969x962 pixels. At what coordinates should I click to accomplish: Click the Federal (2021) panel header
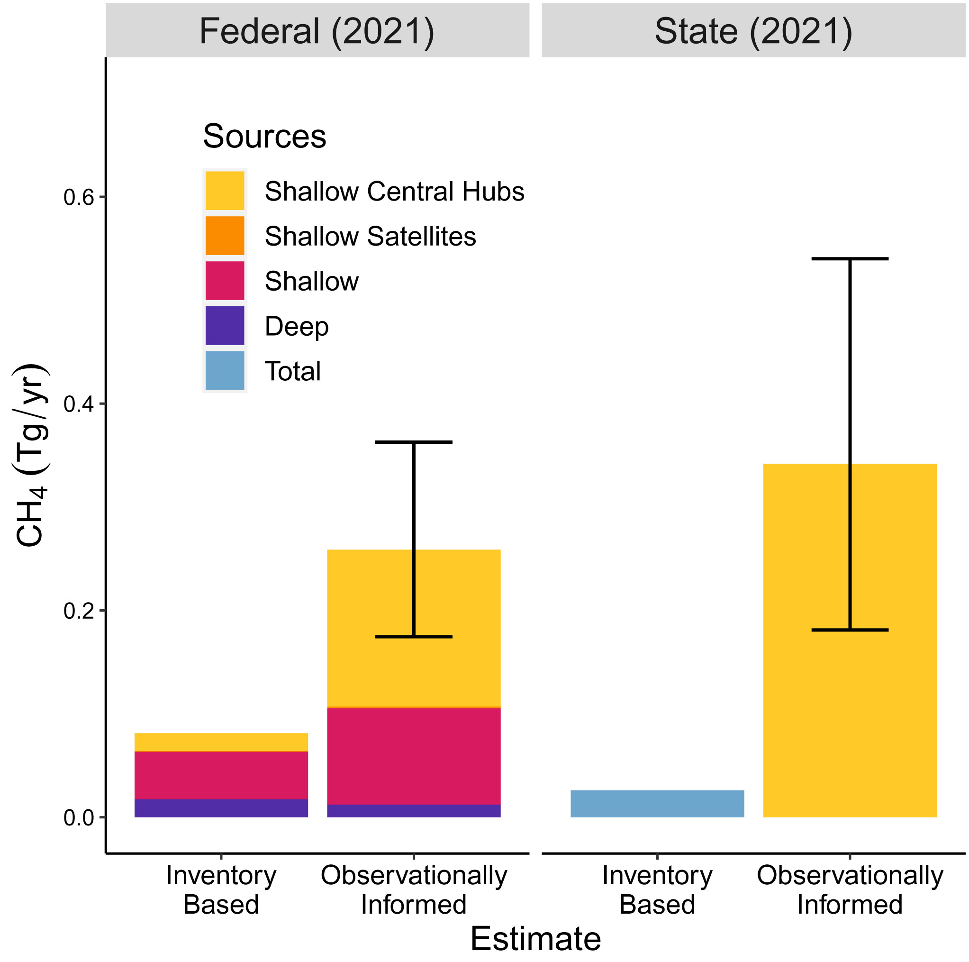(317, 31)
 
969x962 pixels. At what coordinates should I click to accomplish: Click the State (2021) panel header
(753, 31)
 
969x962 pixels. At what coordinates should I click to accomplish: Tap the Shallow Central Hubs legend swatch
(225, 191)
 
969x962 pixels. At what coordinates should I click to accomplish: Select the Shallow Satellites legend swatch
(225, 236)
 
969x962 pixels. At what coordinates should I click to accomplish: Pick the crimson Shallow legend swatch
(225, 281)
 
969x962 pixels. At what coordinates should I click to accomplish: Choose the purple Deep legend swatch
(225, 326)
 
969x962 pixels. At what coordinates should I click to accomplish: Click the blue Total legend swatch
(225, 370)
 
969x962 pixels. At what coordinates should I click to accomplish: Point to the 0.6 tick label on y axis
(79, 198)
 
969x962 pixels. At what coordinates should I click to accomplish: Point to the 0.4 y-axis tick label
(79, 404)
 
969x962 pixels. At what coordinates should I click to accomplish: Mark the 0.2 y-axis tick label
(79, 611)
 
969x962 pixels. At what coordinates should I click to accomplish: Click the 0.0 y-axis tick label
(79, 818)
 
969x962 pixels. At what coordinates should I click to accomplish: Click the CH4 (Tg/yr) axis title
(31, 455)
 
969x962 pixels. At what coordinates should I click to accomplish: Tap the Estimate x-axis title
(535, 938)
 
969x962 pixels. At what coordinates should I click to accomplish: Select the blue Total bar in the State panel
(657, 804)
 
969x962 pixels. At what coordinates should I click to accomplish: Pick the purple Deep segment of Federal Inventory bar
(221, 808)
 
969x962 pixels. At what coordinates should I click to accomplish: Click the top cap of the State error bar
(850, 259)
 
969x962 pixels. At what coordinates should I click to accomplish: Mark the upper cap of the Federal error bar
(414, 442)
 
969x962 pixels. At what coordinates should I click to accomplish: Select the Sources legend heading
(264, 136)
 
